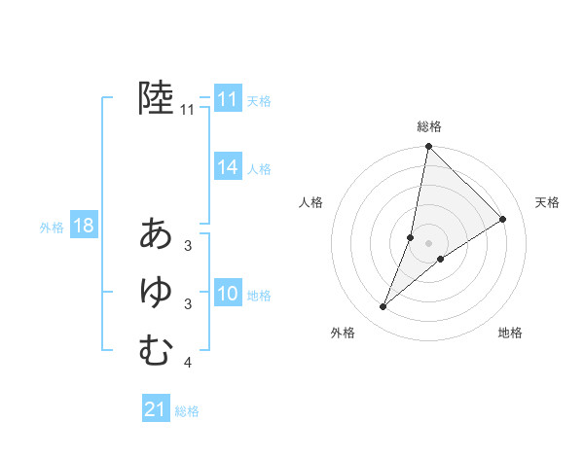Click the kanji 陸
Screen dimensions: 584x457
156,98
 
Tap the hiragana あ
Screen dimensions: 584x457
156,233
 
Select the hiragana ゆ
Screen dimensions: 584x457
156,292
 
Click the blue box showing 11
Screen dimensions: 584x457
228,99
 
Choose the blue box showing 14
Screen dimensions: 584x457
228,167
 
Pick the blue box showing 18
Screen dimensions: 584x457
84,227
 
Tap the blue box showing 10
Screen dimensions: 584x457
228,294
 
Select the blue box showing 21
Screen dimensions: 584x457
156,409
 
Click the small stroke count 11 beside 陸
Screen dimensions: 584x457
188,110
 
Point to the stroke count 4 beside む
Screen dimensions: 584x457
188,364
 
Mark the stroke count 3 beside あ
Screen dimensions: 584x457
188,246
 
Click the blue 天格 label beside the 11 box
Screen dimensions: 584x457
259,100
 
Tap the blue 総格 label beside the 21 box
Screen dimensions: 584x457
187,411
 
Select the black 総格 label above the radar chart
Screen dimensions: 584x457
428,126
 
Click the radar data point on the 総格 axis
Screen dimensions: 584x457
428,147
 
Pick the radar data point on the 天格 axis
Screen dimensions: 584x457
503,219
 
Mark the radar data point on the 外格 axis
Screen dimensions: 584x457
383,307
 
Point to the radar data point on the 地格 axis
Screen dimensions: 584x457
441,259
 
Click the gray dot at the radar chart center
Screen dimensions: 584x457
428,242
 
